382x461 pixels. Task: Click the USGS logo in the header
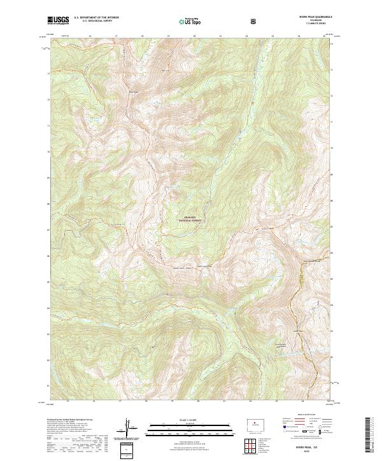[x=57, y=20]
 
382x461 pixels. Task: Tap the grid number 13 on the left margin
[x=49, y=73]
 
